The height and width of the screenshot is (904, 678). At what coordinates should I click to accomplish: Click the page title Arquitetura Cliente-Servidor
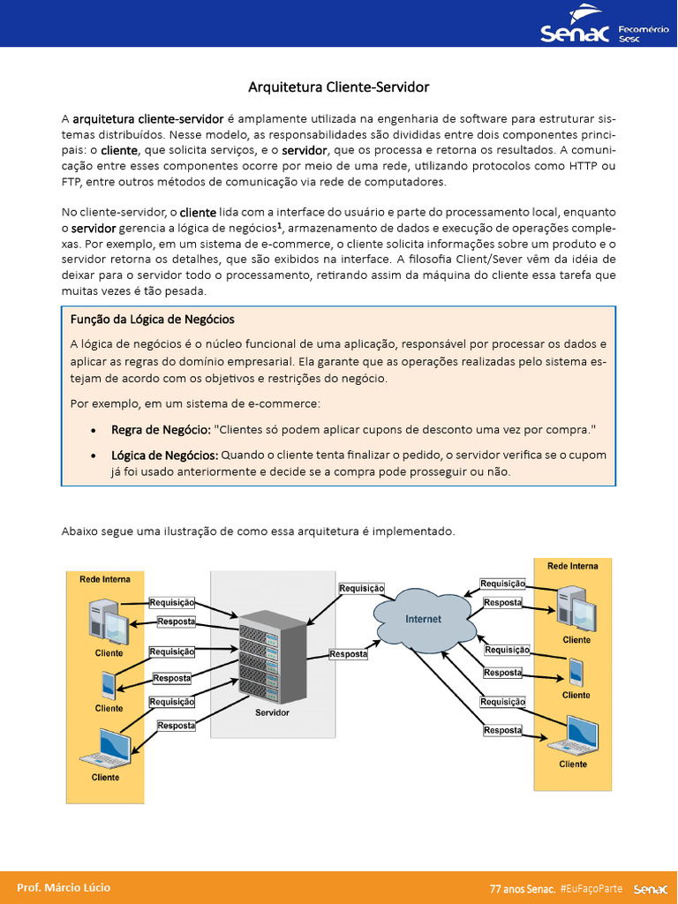point(338,87)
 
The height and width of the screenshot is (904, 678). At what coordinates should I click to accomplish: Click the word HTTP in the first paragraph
point(584,166)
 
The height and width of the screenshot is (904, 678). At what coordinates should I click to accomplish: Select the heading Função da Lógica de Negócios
point(152,319)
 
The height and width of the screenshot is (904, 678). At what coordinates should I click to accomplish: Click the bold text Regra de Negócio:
point(161,429)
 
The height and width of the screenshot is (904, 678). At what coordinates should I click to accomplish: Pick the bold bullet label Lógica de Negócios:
point(164,455)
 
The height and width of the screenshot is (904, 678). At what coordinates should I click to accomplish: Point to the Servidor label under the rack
point(272,712)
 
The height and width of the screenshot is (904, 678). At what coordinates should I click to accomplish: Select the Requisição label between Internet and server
point(362,588)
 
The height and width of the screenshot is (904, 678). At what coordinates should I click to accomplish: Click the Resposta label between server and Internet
point(349,654)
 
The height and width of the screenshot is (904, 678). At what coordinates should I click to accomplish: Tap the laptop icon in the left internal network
point(107,749)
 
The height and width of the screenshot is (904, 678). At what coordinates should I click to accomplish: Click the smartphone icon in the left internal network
point(109,685)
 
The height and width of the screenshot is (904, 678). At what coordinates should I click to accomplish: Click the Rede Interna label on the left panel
point(105,579)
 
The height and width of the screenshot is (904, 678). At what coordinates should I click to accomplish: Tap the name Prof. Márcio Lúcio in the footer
point(64,887)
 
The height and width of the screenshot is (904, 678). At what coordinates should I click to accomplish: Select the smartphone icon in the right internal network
point(576,673)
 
